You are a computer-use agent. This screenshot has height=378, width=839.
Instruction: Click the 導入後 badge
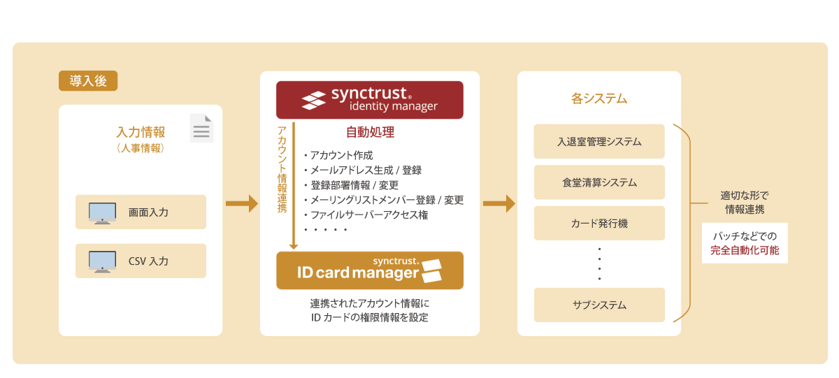click(88, 81)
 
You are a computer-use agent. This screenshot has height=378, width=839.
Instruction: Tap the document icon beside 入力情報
click(201, 129)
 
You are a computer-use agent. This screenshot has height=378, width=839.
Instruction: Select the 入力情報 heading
click(141, 132)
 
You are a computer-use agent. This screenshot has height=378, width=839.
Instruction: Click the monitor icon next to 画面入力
click(102, 212)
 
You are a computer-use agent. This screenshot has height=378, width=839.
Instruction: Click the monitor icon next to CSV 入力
click(102, 261)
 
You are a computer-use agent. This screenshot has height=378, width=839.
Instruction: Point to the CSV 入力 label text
click(148, 261)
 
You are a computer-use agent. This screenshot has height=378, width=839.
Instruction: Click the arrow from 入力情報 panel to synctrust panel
click(241, 204)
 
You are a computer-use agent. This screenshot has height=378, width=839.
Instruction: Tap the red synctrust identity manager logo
click(369, 100)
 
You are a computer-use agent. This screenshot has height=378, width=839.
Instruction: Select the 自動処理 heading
click(370, 132)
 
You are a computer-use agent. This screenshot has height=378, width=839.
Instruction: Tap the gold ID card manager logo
click(369, 270)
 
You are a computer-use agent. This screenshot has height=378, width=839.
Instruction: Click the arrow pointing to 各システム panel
click(499, 204)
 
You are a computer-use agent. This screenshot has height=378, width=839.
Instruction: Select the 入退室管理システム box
click(599, 142)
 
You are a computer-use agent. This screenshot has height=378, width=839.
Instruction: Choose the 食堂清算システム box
click(599, 182)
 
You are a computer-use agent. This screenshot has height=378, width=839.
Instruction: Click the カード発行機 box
click(599, 224)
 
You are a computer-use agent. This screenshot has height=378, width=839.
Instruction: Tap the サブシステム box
click(599, 305)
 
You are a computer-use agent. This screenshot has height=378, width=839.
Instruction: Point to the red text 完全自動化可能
click(745, 250)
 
